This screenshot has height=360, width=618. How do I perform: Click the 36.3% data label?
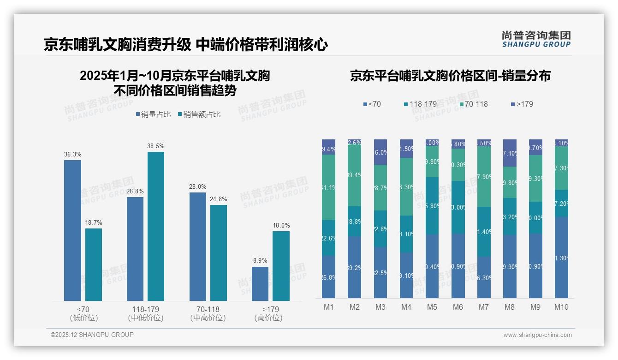[x=72, y=154]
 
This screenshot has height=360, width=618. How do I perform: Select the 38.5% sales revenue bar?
[x=155, y=226]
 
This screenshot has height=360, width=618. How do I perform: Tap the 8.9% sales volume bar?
[x=260, y=284]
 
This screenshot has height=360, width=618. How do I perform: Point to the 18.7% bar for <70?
[x=94, y=264]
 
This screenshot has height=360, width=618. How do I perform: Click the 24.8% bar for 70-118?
[x=219, y=253]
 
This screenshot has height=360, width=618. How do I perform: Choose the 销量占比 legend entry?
[x=154, y=114]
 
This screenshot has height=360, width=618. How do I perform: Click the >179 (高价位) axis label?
[x=268, y=313]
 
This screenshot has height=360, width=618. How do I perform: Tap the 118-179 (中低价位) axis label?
[x=146, y=313]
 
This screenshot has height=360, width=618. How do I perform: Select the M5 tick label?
[x=432, y=307]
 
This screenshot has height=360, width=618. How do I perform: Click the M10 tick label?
[x=561, y=307]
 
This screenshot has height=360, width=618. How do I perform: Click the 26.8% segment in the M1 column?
[x=329, y=277]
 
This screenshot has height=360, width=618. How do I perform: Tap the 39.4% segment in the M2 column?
[x=355, y=175]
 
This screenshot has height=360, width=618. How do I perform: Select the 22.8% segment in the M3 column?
[x=380, y=229]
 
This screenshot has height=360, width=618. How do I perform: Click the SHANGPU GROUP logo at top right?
[x=536, y=39]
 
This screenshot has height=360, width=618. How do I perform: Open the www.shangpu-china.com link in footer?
[x=537, y=335]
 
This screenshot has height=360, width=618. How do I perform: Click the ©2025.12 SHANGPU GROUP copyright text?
[x=92, y=335]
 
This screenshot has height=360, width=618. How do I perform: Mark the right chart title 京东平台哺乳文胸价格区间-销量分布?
[x=450, y=76]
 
